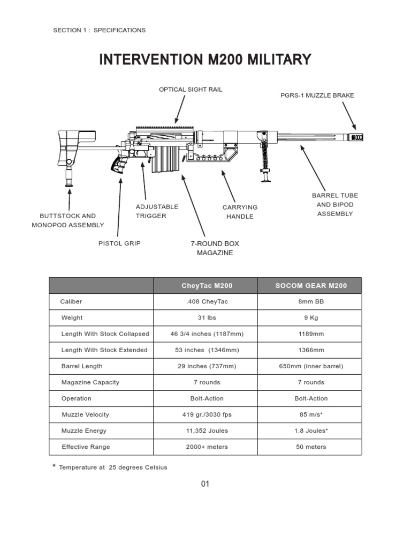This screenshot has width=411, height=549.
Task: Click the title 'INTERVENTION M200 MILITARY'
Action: point(205,60)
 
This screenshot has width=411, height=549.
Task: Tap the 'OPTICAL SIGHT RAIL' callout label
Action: point(190,90)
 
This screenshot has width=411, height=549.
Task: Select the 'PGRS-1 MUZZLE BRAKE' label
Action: point(317,95)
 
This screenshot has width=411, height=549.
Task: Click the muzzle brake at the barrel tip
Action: point(356,137)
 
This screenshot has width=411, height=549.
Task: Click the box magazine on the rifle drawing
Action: point(165,159)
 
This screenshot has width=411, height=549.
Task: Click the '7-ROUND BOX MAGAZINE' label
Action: point(215,248)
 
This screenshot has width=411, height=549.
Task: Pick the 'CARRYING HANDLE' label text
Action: point(240,212)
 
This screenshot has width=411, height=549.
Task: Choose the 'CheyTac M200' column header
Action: point(207,286)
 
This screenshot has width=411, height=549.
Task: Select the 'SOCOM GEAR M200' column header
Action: point(310,286)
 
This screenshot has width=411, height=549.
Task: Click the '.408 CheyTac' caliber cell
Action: point(207,302)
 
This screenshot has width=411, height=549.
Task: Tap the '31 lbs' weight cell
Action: point(207,318)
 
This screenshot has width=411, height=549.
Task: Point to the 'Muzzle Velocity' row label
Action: point(85,414)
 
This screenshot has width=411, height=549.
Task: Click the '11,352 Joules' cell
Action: point(207,431)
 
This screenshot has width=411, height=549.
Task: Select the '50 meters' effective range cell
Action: point(310,447)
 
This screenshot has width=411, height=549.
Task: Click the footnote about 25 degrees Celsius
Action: point(112,468)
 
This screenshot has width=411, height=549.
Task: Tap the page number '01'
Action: point(205,484)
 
